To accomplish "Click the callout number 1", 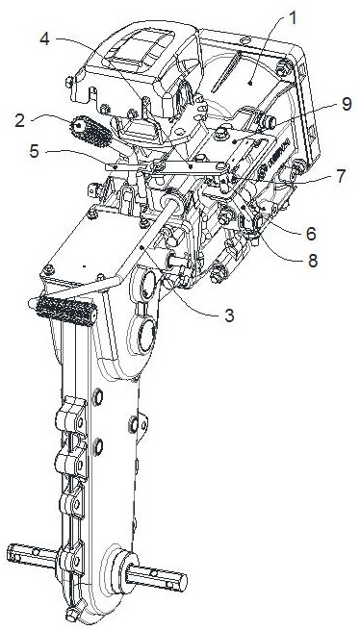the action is [294, 17].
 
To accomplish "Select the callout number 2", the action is [20, 121].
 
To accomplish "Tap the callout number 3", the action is [229, 315].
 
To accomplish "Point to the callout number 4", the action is [45, 39].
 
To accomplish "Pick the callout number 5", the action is [35, 151].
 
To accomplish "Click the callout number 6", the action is [311, 234].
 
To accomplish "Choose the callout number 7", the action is [341, 176].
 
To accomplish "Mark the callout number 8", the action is [312, 261].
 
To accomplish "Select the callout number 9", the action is [347, 104].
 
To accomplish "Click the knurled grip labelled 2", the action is [90, 132].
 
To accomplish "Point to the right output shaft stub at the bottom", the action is [157, 578].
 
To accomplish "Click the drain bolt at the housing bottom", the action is [72, 614].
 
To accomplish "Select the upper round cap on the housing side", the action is [147, 286].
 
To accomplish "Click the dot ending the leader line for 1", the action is [250, 83].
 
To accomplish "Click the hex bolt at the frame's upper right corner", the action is [283, 68].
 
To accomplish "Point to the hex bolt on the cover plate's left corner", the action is [48, 269].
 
